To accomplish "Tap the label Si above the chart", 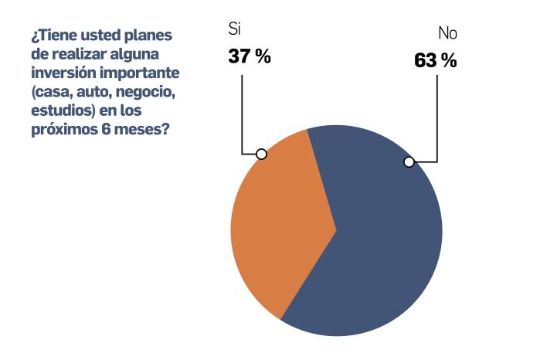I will [x=235, y=30].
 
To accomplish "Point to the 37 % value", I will [x=249, y=56].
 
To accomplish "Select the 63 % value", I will [x=435, y=61].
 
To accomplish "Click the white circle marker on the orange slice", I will [x=261, y=154].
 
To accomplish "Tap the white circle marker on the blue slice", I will [x=409, y=161].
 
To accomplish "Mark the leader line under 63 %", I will [x=438, y=116].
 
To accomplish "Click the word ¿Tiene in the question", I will [x=52, y=36].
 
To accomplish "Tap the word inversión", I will [x=63, y=73].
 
